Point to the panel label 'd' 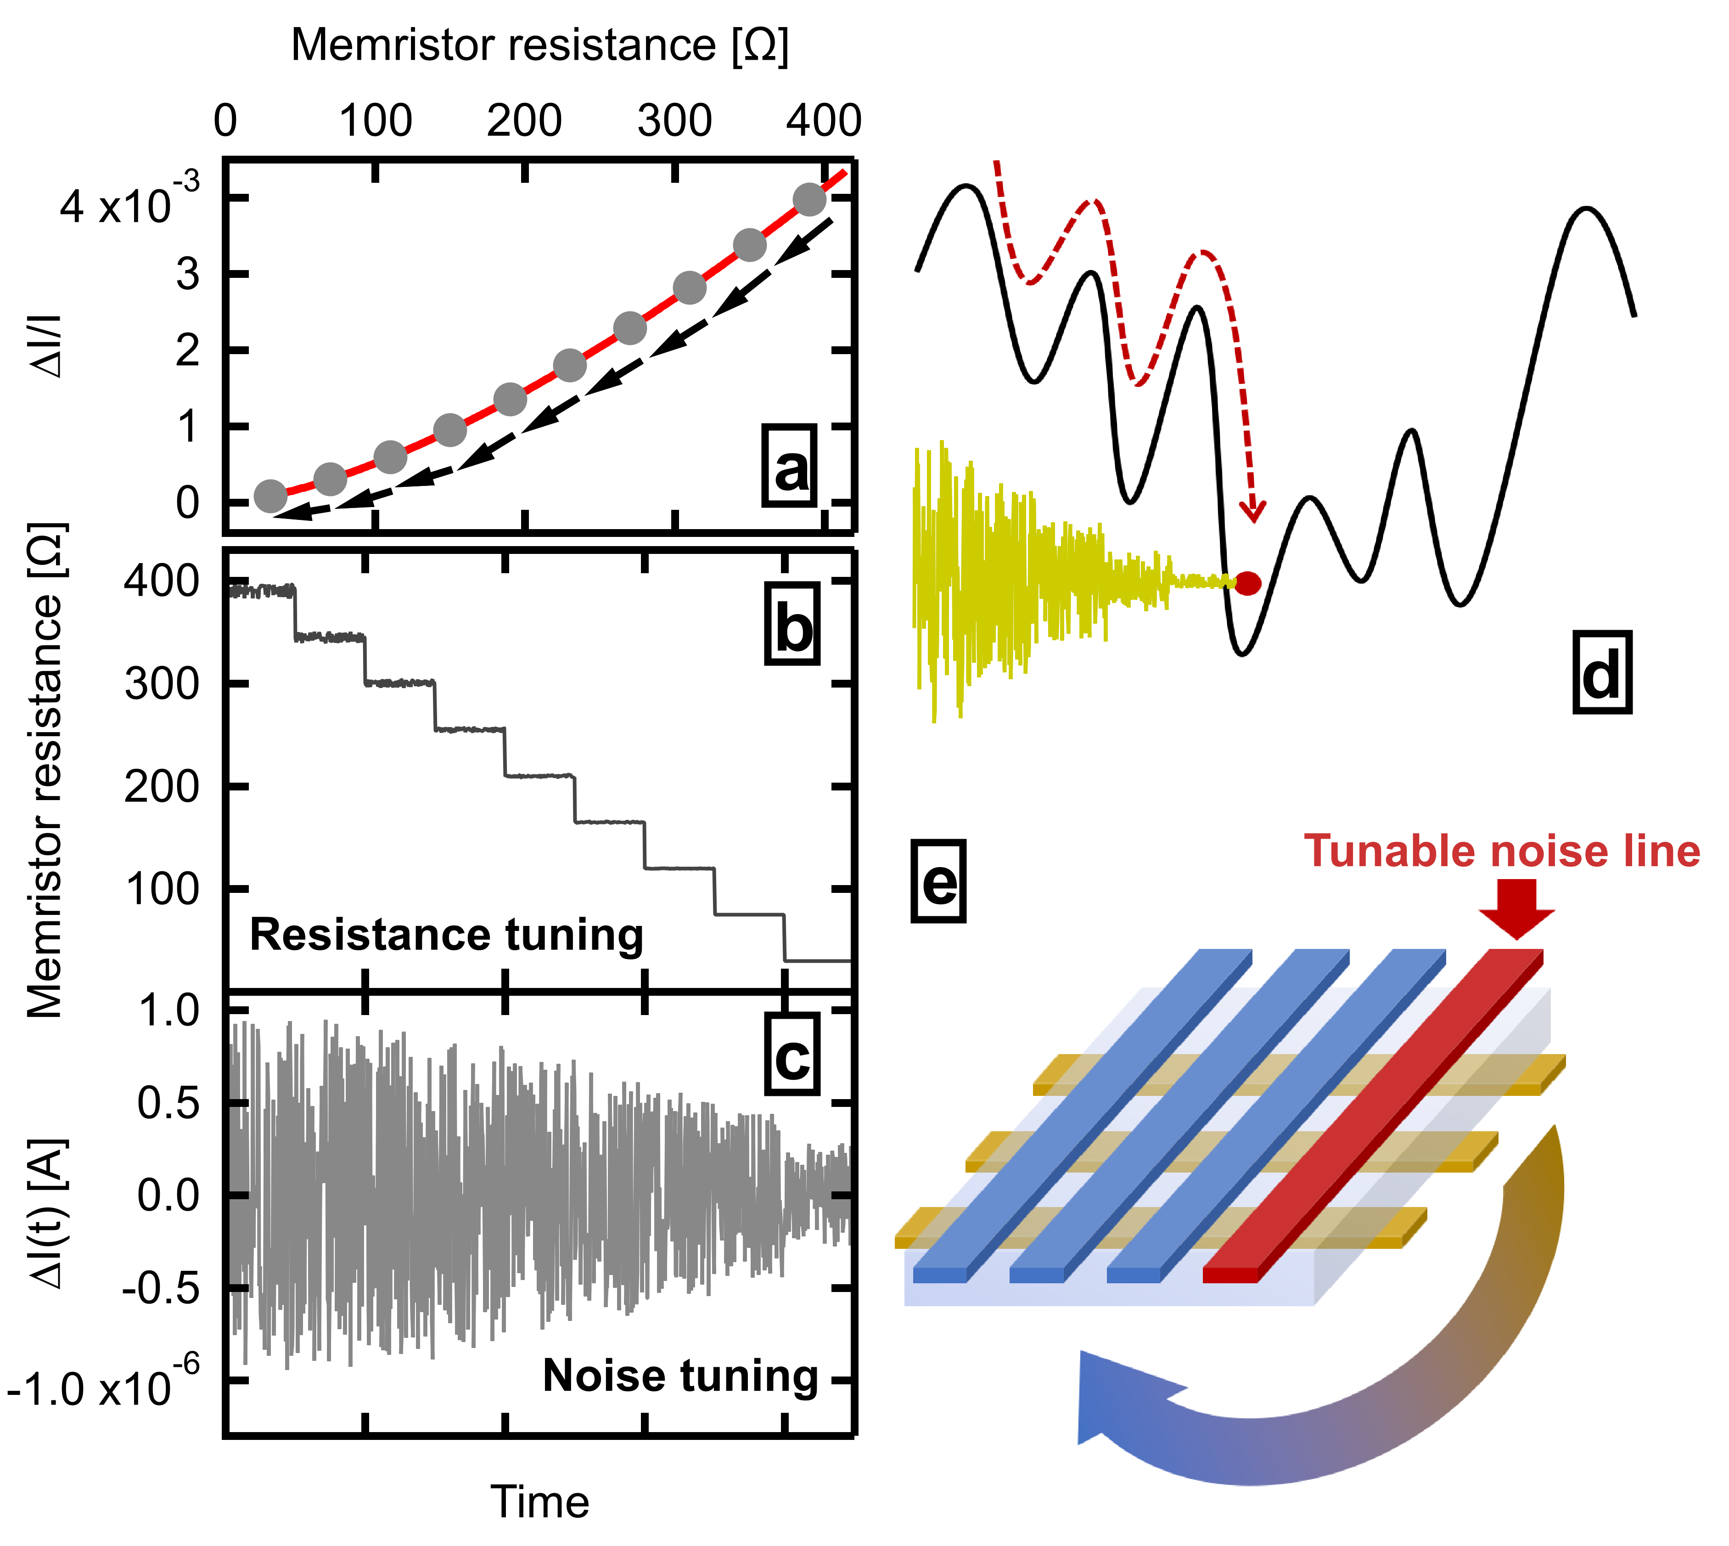click(x=1602, y=677)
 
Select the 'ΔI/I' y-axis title click(x=48, y=347)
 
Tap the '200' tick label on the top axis click(x=524, y=121)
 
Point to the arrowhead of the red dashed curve click(x=1252, y=512)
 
